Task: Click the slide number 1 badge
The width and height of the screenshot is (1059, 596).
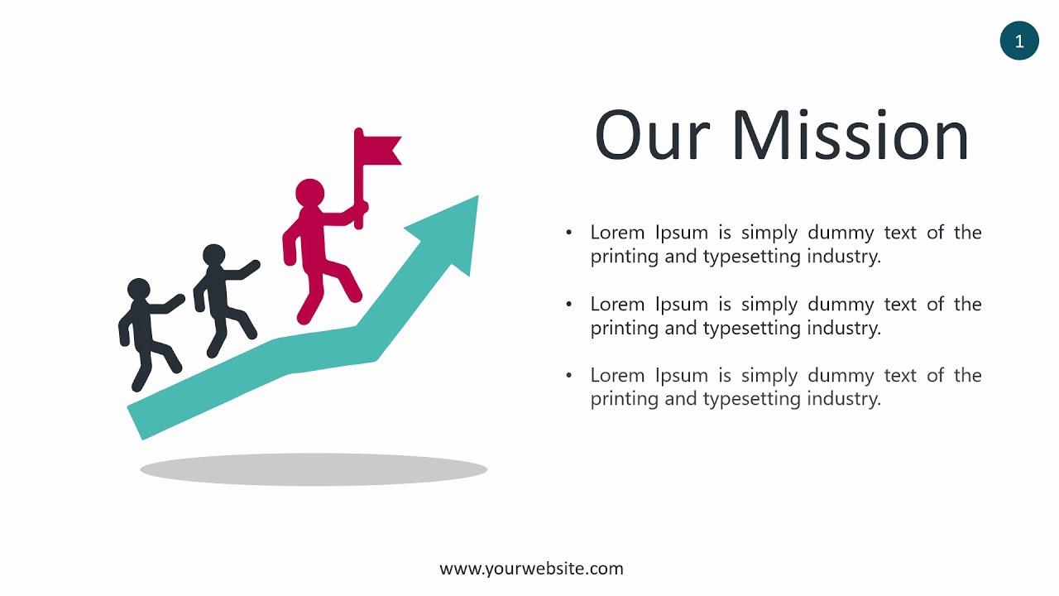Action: (1018, 41)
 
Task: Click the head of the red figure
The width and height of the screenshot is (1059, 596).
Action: (310, 192)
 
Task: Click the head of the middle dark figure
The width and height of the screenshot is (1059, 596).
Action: (213, 255)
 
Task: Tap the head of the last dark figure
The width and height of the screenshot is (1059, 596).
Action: (138, 290)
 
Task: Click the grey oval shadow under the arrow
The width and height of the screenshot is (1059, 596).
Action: (314, 469)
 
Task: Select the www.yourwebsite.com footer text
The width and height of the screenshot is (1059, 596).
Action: (531, 569)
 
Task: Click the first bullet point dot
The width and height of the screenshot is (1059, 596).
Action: (568, 233)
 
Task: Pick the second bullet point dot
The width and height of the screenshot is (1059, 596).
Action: (568, 305)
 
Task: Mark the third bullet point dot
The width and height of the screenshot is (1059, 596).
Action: (568, 376)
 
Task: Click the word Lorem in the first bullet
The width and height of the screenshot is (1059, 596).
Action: (617, 233)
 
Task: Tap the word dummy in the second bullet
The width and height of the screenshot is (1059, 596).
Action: (840, 305)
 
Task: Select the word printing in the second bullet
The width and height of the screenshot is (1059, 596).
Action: (625, 328)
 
